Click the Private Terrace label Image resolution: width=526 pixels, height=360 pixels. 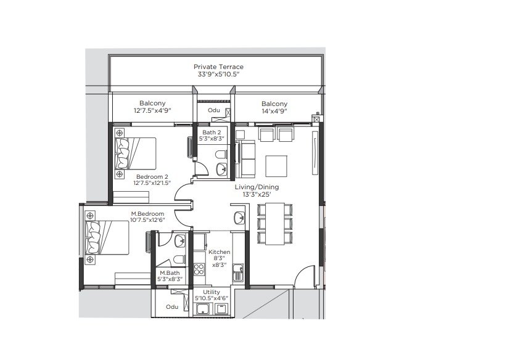click(x=218, y=67)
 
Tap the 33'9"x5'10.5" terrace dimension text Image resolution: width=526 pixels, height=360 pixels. click(x=218, y=75)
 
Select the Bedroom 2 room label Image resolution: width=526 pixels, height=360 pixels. click(x=152, y=177)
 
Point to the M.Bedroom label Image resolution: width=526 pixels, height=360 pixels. click(x=147, y=213)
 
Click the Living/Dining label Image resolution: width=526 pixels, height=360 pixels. click(x=257, y=187)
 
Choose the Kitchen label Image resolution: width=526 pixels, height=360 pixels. click(x=220, y=252)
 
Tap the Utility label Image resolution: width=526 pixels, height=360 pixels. click(x=212, y=292)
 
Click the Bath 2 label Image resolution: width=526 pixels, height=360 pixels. click(x=212, y=133)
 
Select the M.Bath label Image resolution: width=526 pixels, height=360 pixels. click(x=170, y=273)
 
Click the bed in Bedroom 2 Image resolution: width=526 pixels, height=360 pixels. click(x=135, y=153)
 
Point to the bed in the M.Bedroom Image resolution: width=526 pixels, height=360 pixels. click(x=108, y=238)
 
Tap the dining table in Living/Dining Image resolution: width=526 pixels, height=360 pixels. click(x=275, y=224)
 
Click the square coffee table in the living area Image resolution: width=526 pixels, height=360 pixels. click(x=276, y=166)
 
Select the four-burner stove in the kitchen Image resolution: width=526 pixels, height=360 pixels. click(x=199, y=269)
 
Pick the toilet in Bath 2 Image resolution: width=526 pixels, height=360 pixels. click(x=220, y=155)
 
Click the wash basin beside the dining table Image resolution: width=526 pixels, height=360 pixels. click(x=239, y=218)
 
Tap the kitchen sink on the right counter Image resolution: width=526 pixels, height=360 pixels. click(x=238, y=272)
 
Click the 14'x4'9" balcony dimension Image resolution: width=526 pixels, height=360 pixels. click(x=274, y=112)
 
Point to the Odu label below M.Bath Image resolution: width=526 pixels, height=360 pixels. click(x=172, y=307)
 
